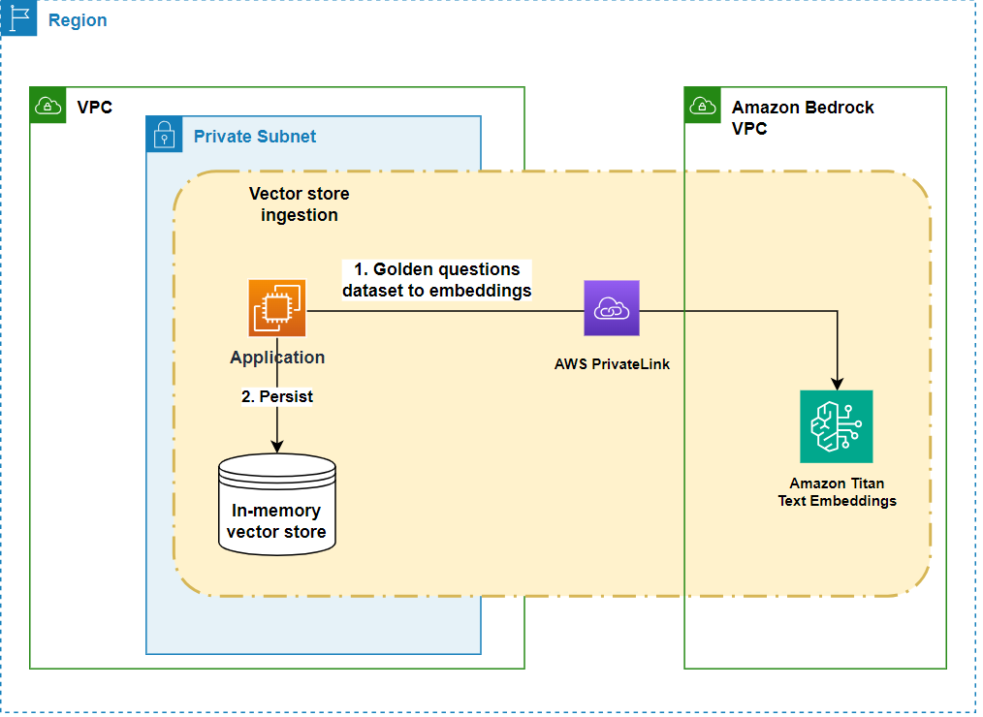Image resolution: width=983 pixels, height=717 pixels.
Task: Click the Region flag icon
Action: tap(18, 18)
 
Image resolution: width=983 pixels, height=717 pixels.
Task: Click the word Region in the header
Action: tap(78, 20)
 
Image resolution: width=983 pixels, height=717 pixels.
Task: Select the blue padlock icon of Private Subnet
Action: tap(164, 136)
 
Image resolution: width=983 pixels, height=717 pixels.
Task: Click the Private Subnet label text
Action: tap(254, 137)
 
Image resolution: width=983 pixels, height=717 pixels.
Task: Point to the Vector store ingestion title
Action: tap(299, 204)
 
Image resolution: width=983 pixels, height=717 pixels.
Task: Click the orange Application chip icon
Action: tap(277, 308)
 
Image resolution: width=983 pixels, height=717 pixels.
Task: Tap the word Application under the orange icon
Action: tap(277, 358)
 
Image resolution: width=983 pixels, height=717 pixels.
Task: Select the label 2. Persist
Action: tap(277, 396)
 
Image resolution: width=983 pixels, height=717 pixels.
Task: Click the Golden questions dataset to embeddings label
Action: tap(436, 279)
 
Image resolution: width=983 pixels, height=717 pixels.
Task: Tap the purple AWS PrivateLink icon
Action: tap(612, 308)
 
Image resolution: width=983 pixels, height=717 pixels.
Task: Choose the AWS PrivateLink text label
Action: tap(612, 364)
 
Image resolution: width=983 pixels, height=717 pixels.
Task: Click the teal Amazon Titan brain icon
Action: tap(836, 426)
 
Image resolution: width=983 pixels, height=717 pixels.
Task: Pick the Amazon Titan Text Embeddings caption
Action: tap(837, 492)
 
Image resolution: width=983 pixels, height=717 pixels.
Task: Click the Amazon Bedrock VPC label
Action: tap(803, 117)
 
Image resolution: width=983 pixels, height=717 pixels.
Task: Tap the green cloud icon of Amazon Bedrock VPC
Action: tap(702, 106)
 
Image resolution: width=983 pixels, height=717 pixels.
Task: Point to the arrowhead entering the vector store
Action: tap(277, 446)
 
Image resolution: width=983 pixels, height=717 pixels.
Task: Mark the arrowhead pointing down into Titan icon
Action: tap(837, 383)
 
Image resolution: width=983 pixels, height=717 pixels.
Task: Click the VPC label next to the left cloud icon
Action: tap(95, 107)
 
